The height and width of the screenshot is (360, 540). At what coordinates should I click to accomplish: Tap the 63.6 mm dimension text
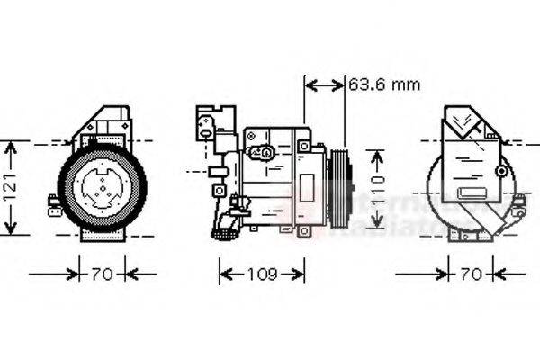point(384,85)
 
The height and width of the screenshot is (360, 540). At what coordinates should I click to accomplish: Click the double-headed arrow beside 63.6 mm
point(325,85)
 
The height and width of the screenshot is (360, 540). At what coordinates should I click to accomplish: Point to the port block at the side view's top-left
point(215,121)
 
